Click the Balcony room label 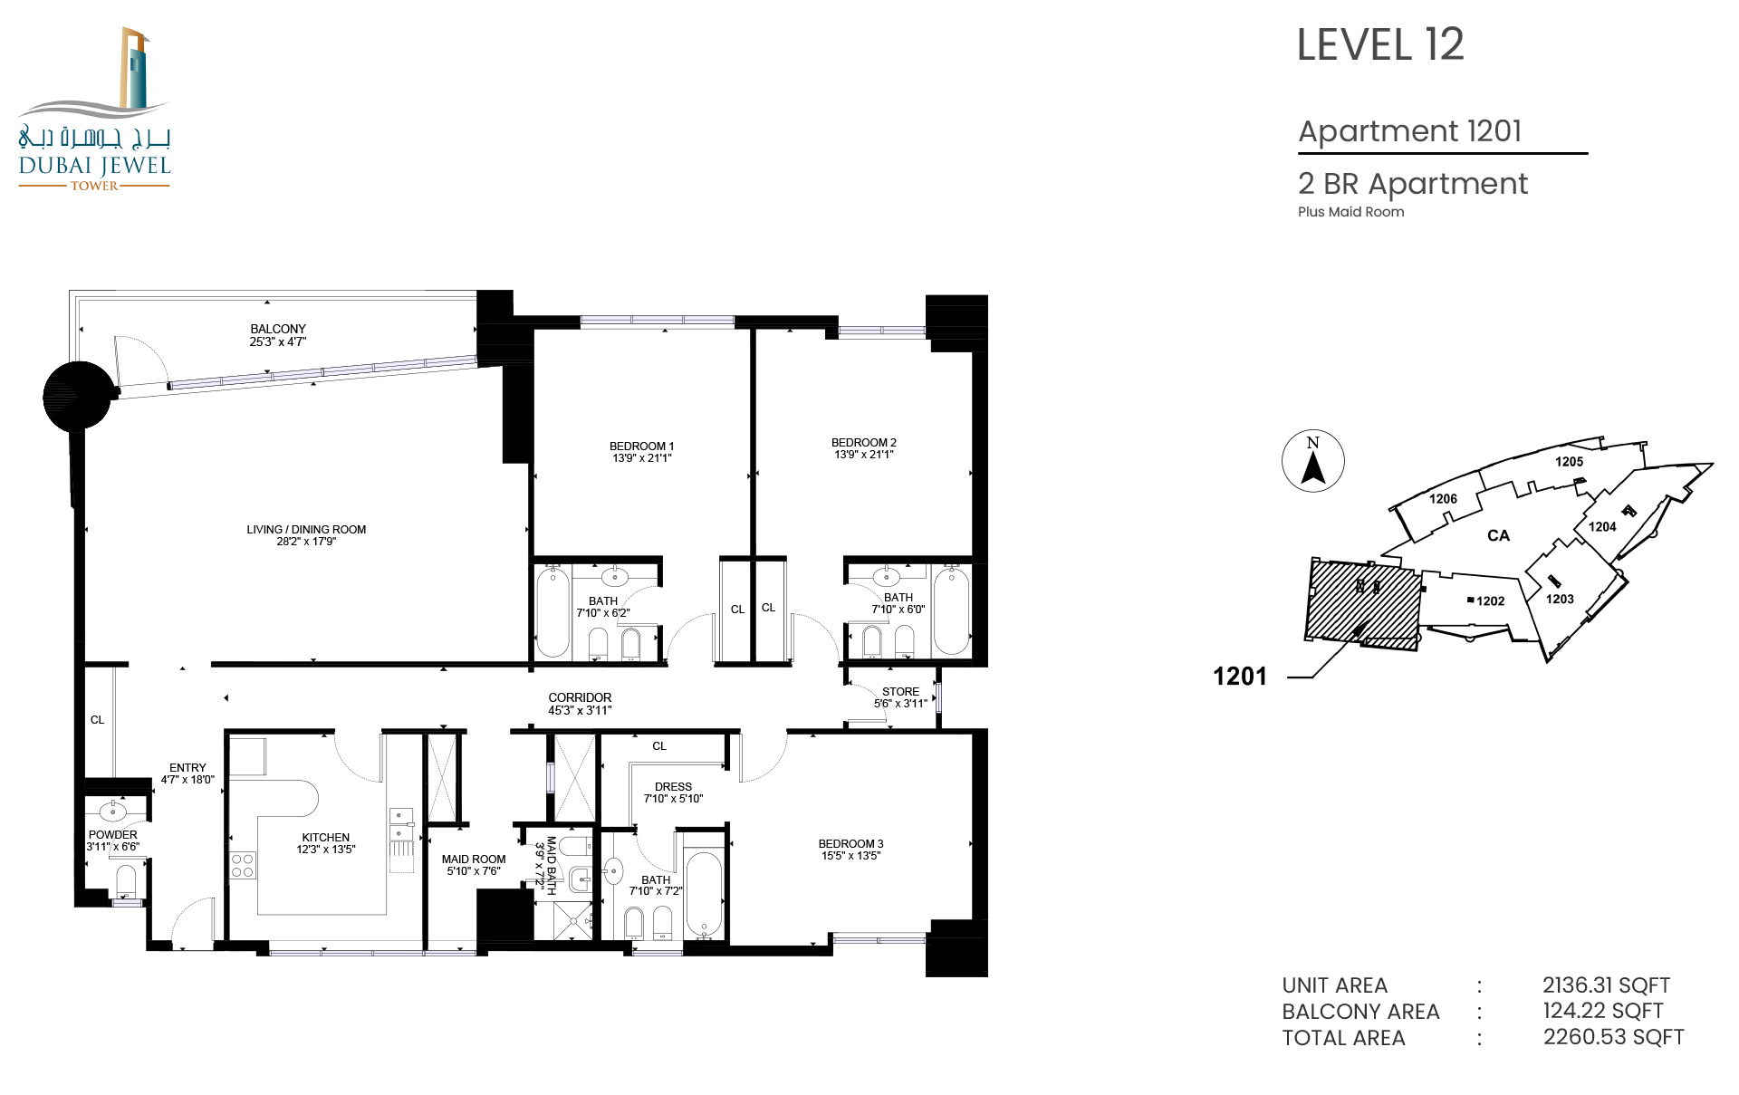coord(278,329)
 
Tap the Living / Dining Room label coord(306,530)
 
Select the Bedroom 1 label coord(641,447)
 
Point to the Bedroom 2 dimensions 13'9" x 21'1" coord(864,455)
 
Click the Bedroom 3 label coord(850,844)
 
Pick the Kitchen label coord(326,838)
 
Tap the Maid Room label coord(474,860)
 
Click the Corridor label coord(580,697)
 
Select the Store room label coord(900,692)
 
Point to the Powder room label coord(113,835)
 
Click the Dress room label coord(673,787)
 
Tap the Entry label coord(187,768)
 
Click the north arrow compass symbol coord(1313,461)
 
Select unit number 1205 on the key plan coord(1570,462)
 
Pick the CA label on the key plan coord(1498,535)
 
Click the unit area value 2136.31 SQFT coord(1606,985)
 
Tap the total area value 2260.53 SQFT coord(1613,1037)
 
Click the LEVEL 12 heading coord(1380,45)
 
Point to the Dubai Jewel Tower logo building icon coord(135,69)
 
